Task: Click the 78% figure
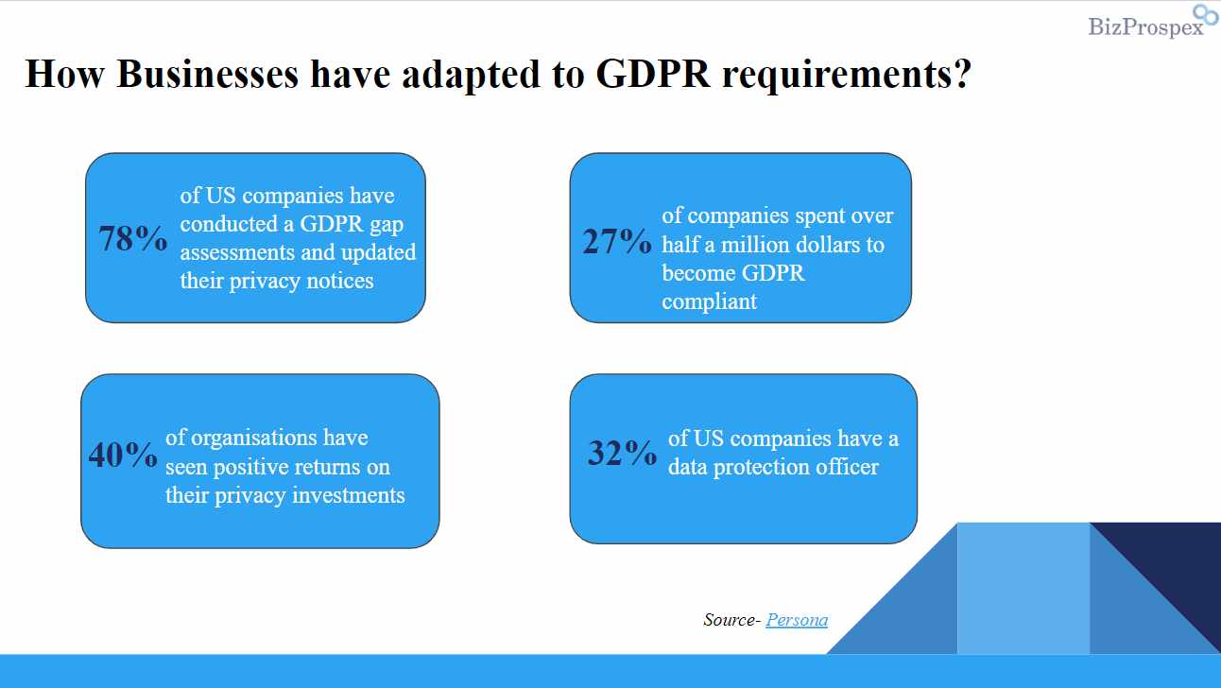[x=132, y=239]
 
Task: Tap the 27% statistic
[x=616, y=243]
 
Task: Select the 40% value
[x=123, y=456]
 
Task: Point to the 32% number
[x=622, y=454]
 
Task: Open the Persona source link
[x=797, y=620]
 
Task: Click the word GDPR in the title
[x=652, y=74]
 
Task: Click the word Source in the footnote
[x=730, y=620]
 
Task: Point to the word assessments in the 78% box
[x=237, y=253]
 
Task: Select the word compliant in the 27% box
[x=709, y=302]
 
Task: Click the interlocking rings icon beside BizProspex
[x=1206, y=16]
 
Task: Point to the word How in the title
[x=64, y=74]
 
